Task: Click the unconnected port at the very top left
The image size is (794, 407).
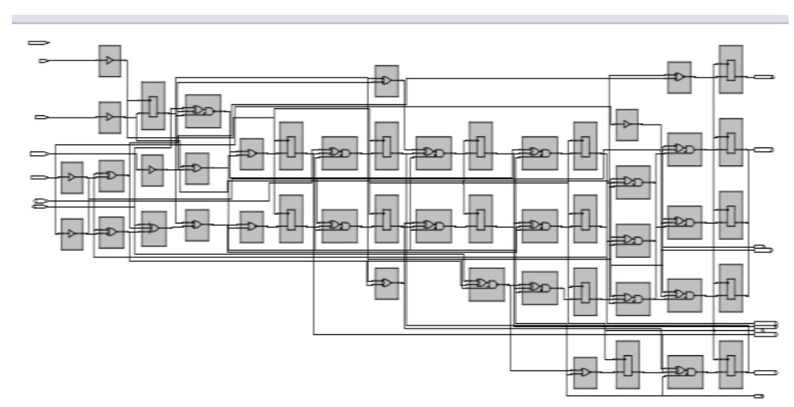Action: tap(35, 42)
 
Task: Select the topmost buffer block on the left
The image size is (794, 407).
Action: tap(110, 61)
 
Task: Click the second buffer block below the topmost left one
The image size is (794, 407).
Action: tap(110, 118)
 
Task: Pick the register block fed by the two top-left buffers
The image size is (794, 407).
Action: tap(153, 105)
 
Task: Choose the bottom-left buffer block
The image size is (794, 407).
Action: tap(72, 234)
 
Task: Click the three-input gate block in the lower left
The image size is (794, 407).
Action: tap(154, 228)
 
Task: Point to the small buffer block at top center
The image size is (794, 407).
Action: tap(386, 82)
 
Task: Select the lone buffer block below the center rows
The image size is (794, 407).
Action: tap(386, 284)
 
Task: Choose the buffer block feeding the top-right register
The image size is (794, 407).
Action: tap(679, 77)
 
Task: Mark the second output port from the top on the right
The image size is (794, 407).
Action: tap(763, 149)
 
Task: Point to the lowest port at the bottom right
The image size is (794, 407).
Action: tap(759, 397)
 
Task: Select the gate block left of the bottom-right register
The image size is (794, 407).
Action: tap(684, 372)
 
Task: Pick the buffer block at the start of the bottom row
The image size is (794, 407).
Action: tap(584, 373)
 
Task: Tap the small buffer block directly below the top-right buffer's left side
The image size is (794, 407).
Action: tap(626, 124)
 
